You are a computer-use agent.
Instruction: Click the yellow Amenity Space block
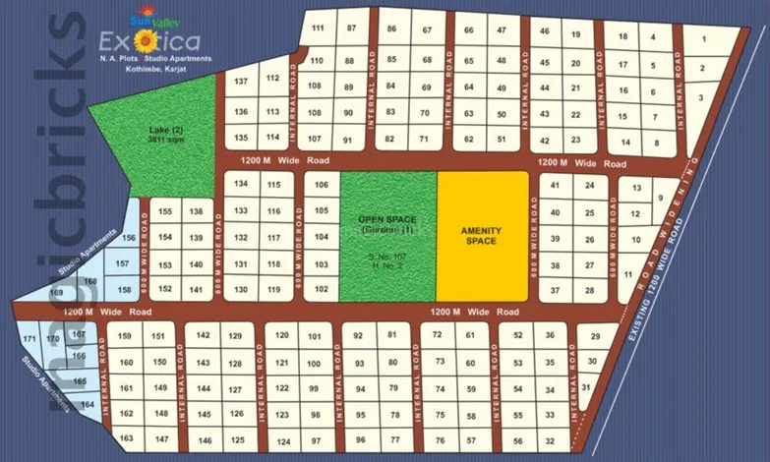click(x=482, y=236)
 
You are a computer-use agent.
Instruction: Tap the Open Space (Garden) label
click(x=387, y=223)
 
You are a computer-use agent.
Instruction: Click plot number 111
click(x=317, y=28)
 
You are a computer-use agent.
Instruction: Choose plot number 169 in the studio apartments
click(x=56, y=292)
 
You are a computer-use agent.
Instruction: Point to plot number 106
click(x=320, y=185)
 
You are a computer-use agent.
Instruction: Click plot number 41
click(x=556, y=185)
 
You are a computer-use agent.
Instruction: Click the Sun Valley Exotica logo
click(x=148, y=34)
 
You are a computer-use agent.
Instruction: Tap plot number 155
click(x=165, y=211)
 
